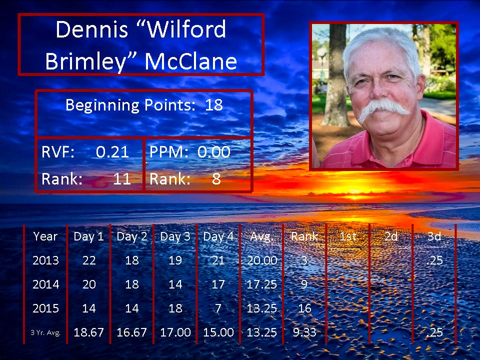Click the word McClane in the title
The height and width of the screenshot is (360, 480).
(190, 61)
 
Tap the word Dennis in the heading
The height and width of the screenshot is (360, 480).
(92, 29)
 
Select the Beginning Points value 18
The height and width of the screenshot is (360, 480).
(213, 105)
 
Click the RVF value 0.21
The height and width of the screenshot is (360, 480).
(112, 152)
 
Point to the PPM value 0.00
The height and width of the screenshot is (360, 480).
(213, 152)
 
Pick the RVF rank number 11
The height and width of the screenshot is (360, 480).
(122, 179)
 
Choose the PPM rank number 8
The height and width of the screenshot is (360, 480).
(216, 179)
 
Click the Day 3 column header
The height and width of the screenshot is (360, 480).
(175, 236)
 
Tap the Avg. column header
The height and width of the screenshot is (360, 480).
(261, 236)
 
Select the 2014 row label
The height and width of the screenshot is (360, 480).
(45, 284)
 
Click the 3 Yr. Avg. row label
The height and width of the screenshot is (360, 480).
(45, 332)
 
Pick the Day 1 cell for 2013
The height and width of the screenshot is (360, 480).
(89, 260)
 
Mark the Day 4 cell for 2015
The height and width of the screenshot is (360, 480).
(218, 308)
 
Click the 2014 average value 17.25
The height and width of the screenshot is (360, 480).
(261, 284)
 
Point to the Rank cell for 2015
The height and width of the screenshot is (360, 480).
(304, 308)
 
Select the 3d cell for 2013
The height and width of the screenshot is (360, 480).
(434, 260)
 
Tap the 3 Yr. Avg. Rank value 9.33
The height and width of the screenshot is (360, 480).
(304, 332)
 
